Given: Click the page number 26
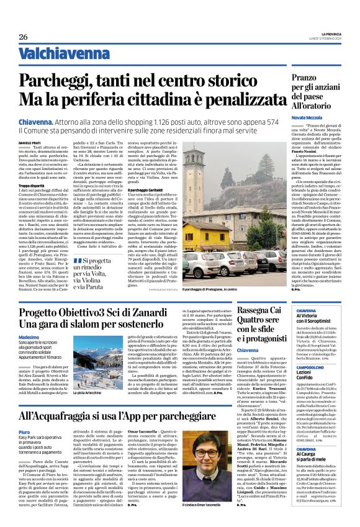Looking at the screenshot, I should click(x=24, y=37).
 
